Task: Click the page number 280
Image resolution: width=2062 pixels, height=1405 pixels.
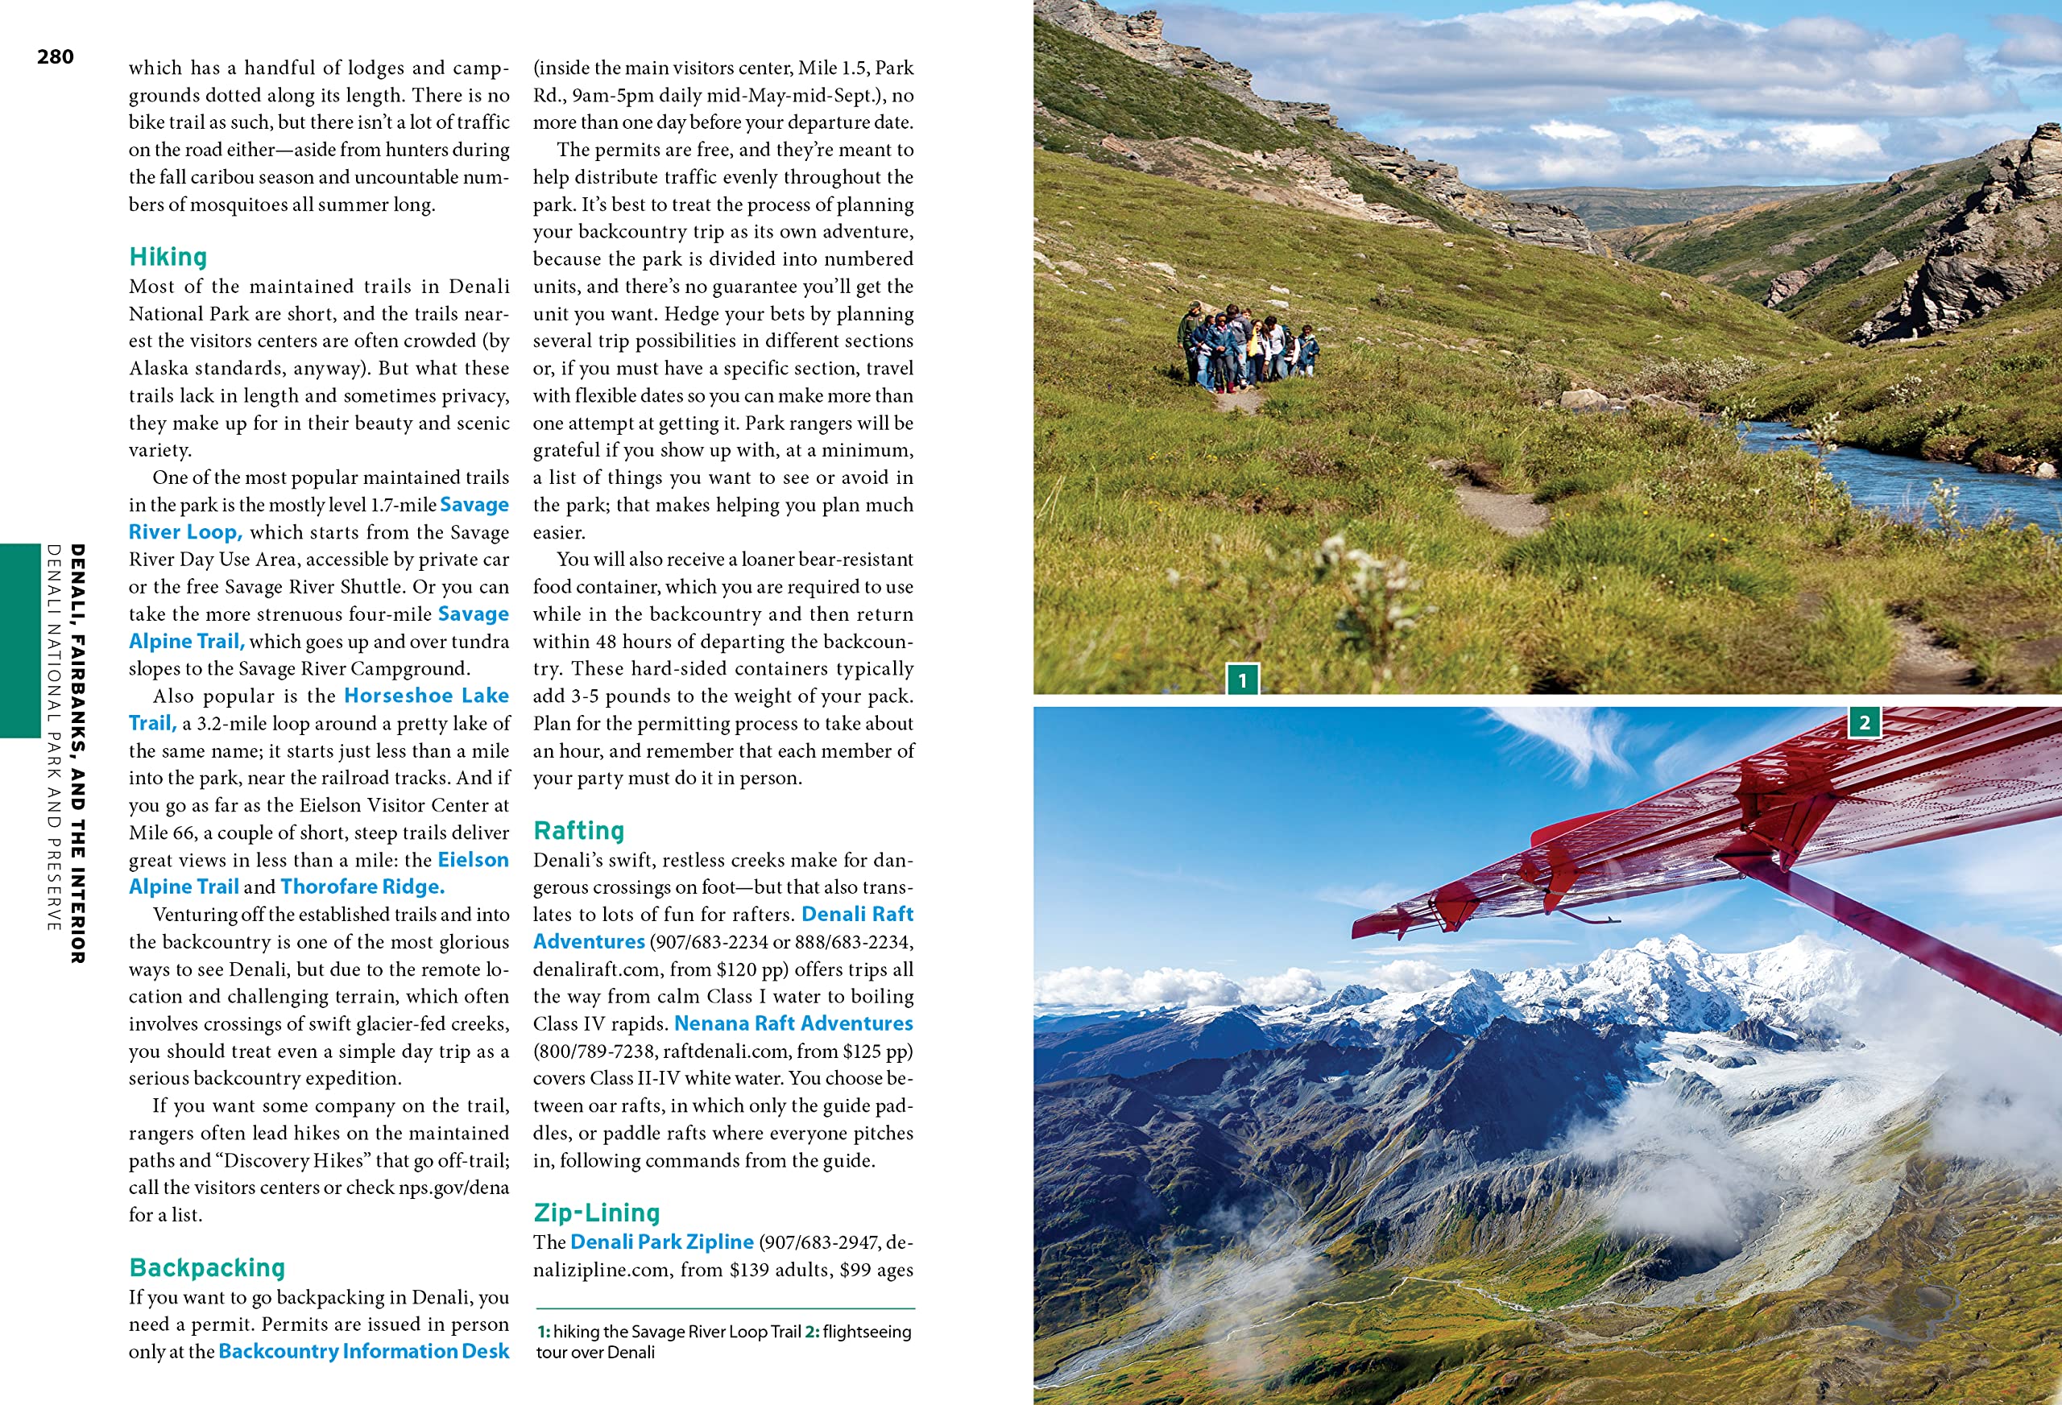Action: (x=55, y=57)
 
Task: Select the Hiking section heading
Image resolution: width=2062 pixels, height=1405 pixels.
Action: (x=168, y=257)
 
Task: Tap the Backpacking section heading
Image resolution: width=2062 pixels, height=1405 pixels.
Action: (x=207, y=1267)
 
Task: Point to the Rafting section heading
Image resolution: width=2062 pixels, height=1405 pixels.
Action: (x=578, y=830)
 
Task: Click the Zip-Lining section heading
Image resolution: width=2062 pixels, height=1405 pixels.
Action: (x=596, y=1213)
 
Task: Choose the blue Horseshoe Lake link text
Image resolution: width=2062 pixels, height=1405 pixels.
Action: (x=426, y=696)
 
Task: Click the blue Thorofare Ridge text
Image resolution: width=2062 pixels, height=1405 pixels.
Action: (x=362, y=886)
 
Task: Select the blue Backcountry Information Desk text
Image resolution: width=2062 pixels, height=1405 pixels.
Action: (x=364, y=1351)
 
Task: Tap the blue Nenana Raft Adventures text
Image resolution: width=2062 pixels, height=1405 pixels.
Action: (x=793, y=1023)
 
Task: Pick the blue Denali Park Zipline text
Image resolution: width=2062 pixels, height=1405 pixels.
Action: (x=661, y=1242)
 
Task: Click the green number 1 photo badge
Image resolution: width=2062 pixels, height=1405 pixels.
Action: (x=1242, y=680)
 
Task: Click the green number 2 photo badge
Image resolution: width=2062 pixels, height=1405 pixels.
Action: (x=1864, y=723)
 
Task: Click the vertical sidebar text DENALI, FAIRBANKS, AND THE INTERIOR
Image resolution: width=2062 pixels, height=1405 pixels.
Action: (x=78, y=754)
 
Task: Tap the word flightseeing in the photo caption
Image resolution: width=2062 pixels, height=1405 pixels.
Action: (x=867, y=1332)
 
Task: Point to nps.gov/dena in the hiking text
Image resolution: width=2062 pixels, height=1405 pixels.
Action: (x=453, y=1188)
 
